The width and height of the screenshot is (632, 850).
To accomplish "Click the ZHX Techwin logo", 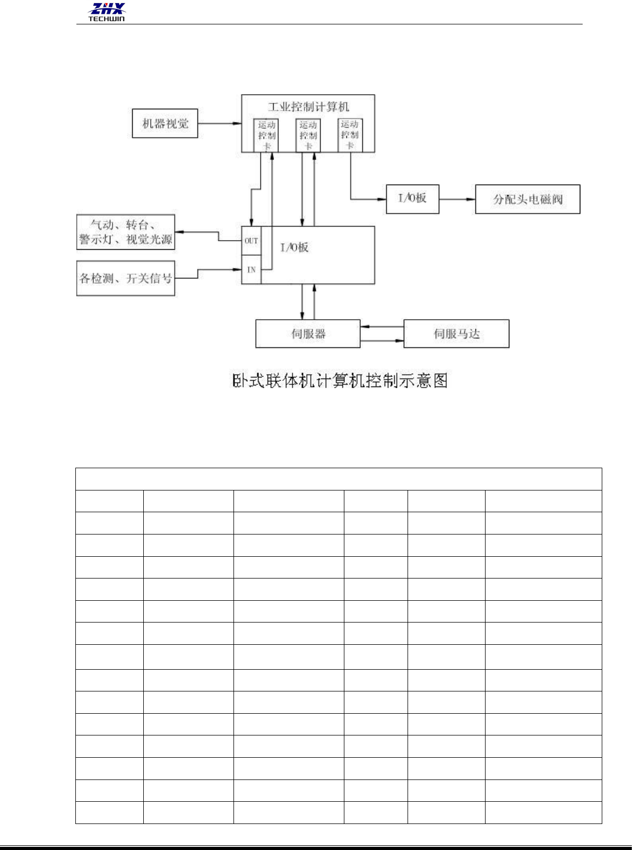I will [107, 12].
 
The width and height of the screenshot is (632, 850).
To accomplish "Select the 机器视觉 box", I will [165, 124].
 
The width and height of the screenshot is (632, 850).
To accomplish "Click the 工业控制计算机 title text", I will [308, 107].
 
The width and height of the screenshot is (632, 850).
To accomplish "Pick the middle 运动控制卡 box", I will [308, 135].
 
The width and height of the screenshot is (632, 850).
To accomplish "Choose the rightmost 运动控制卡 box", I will [350, 135].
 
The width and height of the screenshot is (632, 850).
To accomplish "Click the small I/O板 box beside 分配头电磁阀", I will [412, 199].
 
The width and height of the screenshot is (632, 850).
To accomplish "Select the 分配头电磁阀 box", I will [527, 199].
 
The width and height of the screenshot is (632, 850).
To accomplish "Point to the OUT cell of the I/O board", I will [252, 241].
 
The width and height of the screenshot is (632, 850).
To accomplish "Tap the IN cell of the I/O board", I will [252, 270].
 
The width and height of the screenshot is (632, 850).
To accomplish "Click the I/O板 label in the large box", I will [294, 248].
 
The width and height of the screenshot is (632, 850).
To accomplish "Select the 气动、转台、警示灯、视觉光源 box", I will [126, 232].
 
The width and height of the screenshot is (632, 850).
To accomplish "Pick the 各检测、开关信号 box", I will [126, 278].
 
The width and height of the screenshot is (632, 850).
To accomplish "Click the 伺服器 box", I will [308, 334].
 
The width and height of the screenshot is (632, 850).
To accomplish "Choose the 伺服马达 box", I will [456, 334].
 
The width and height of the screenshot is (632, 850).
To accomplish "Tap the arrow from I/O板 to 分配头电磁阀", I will [457, 199].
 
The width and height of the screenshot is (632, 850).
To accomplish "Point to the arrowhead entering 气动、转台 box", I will [179, 232].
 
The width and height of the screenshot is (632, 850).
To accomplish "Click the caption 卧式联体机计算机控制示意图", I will [340, 381].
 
